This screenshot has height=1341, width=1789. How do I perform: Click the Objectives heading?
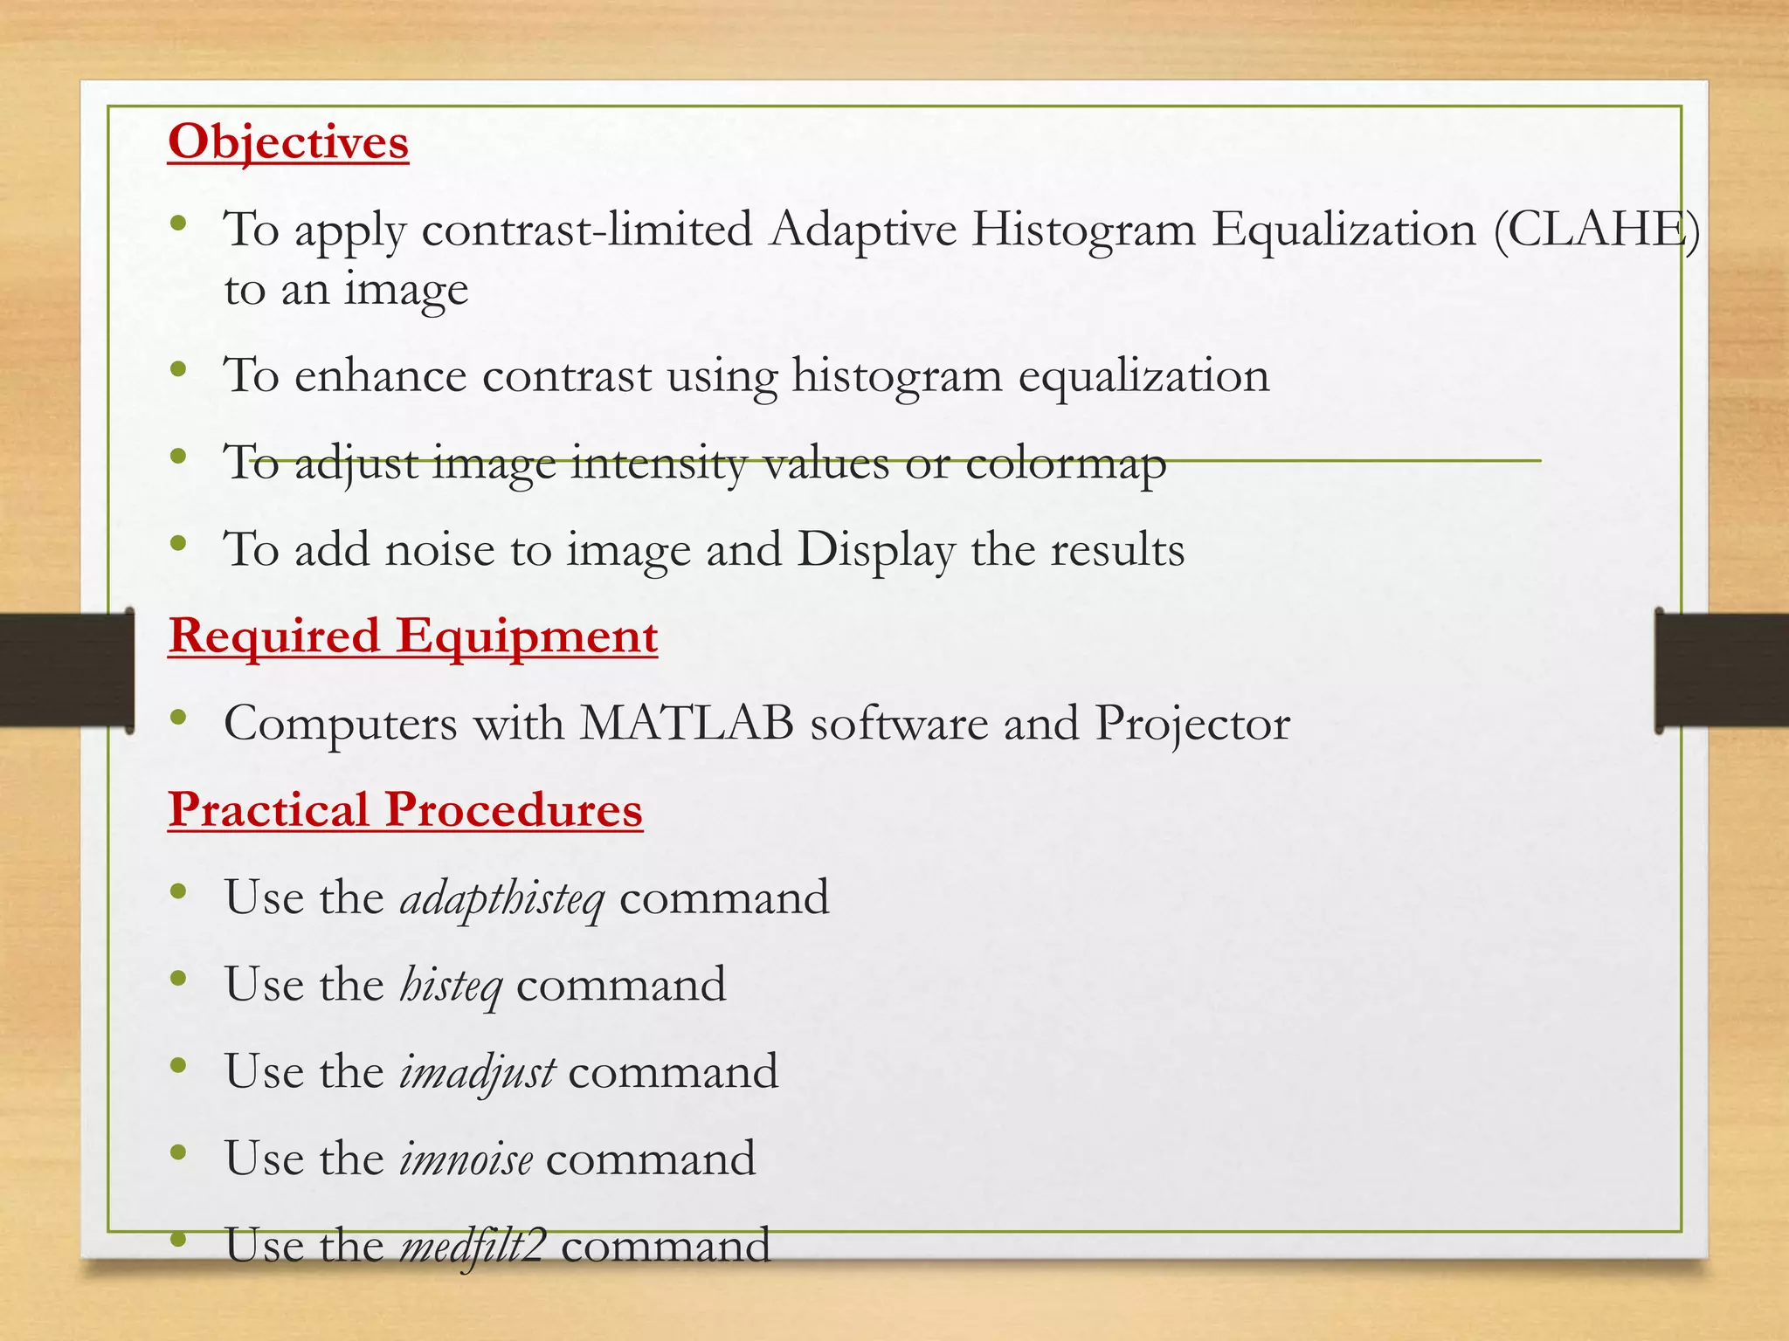[288, 141]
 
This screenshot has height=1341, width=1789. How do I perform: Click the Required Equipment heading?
[412, 636]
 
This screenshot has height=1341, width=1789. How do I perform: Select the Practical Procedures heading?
[405, 809]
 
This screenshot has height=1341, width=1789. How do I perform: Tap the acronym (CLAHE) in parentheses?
[1596, 230]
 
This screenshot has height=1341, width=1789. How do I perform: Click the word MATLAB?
[687, 723]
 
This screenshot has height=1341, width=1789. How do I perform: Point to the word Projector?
[1192, 725]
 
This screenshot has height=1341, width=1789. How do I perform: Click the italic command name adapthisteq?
[501, 898]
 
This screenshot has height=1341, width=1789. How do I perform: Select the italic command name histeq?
[451, 986]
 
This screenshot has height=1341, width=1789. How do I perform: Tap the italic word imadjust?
[477, 1073]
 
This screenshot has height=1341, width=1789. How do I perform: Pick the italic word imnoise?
[466, 1159]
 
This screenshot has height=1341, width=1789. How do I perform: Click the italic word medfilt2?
[473, 1246]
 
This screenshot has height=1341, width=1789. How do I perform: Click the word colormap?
[1066, 464]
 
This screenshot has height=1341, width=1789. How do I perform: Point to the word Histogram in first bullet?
[1084, 230]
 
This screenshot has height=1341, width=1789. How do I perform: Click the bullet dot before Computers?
[179, 719]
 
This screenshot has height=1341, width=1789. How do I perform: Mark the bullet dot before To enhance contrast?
[179, 370]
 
